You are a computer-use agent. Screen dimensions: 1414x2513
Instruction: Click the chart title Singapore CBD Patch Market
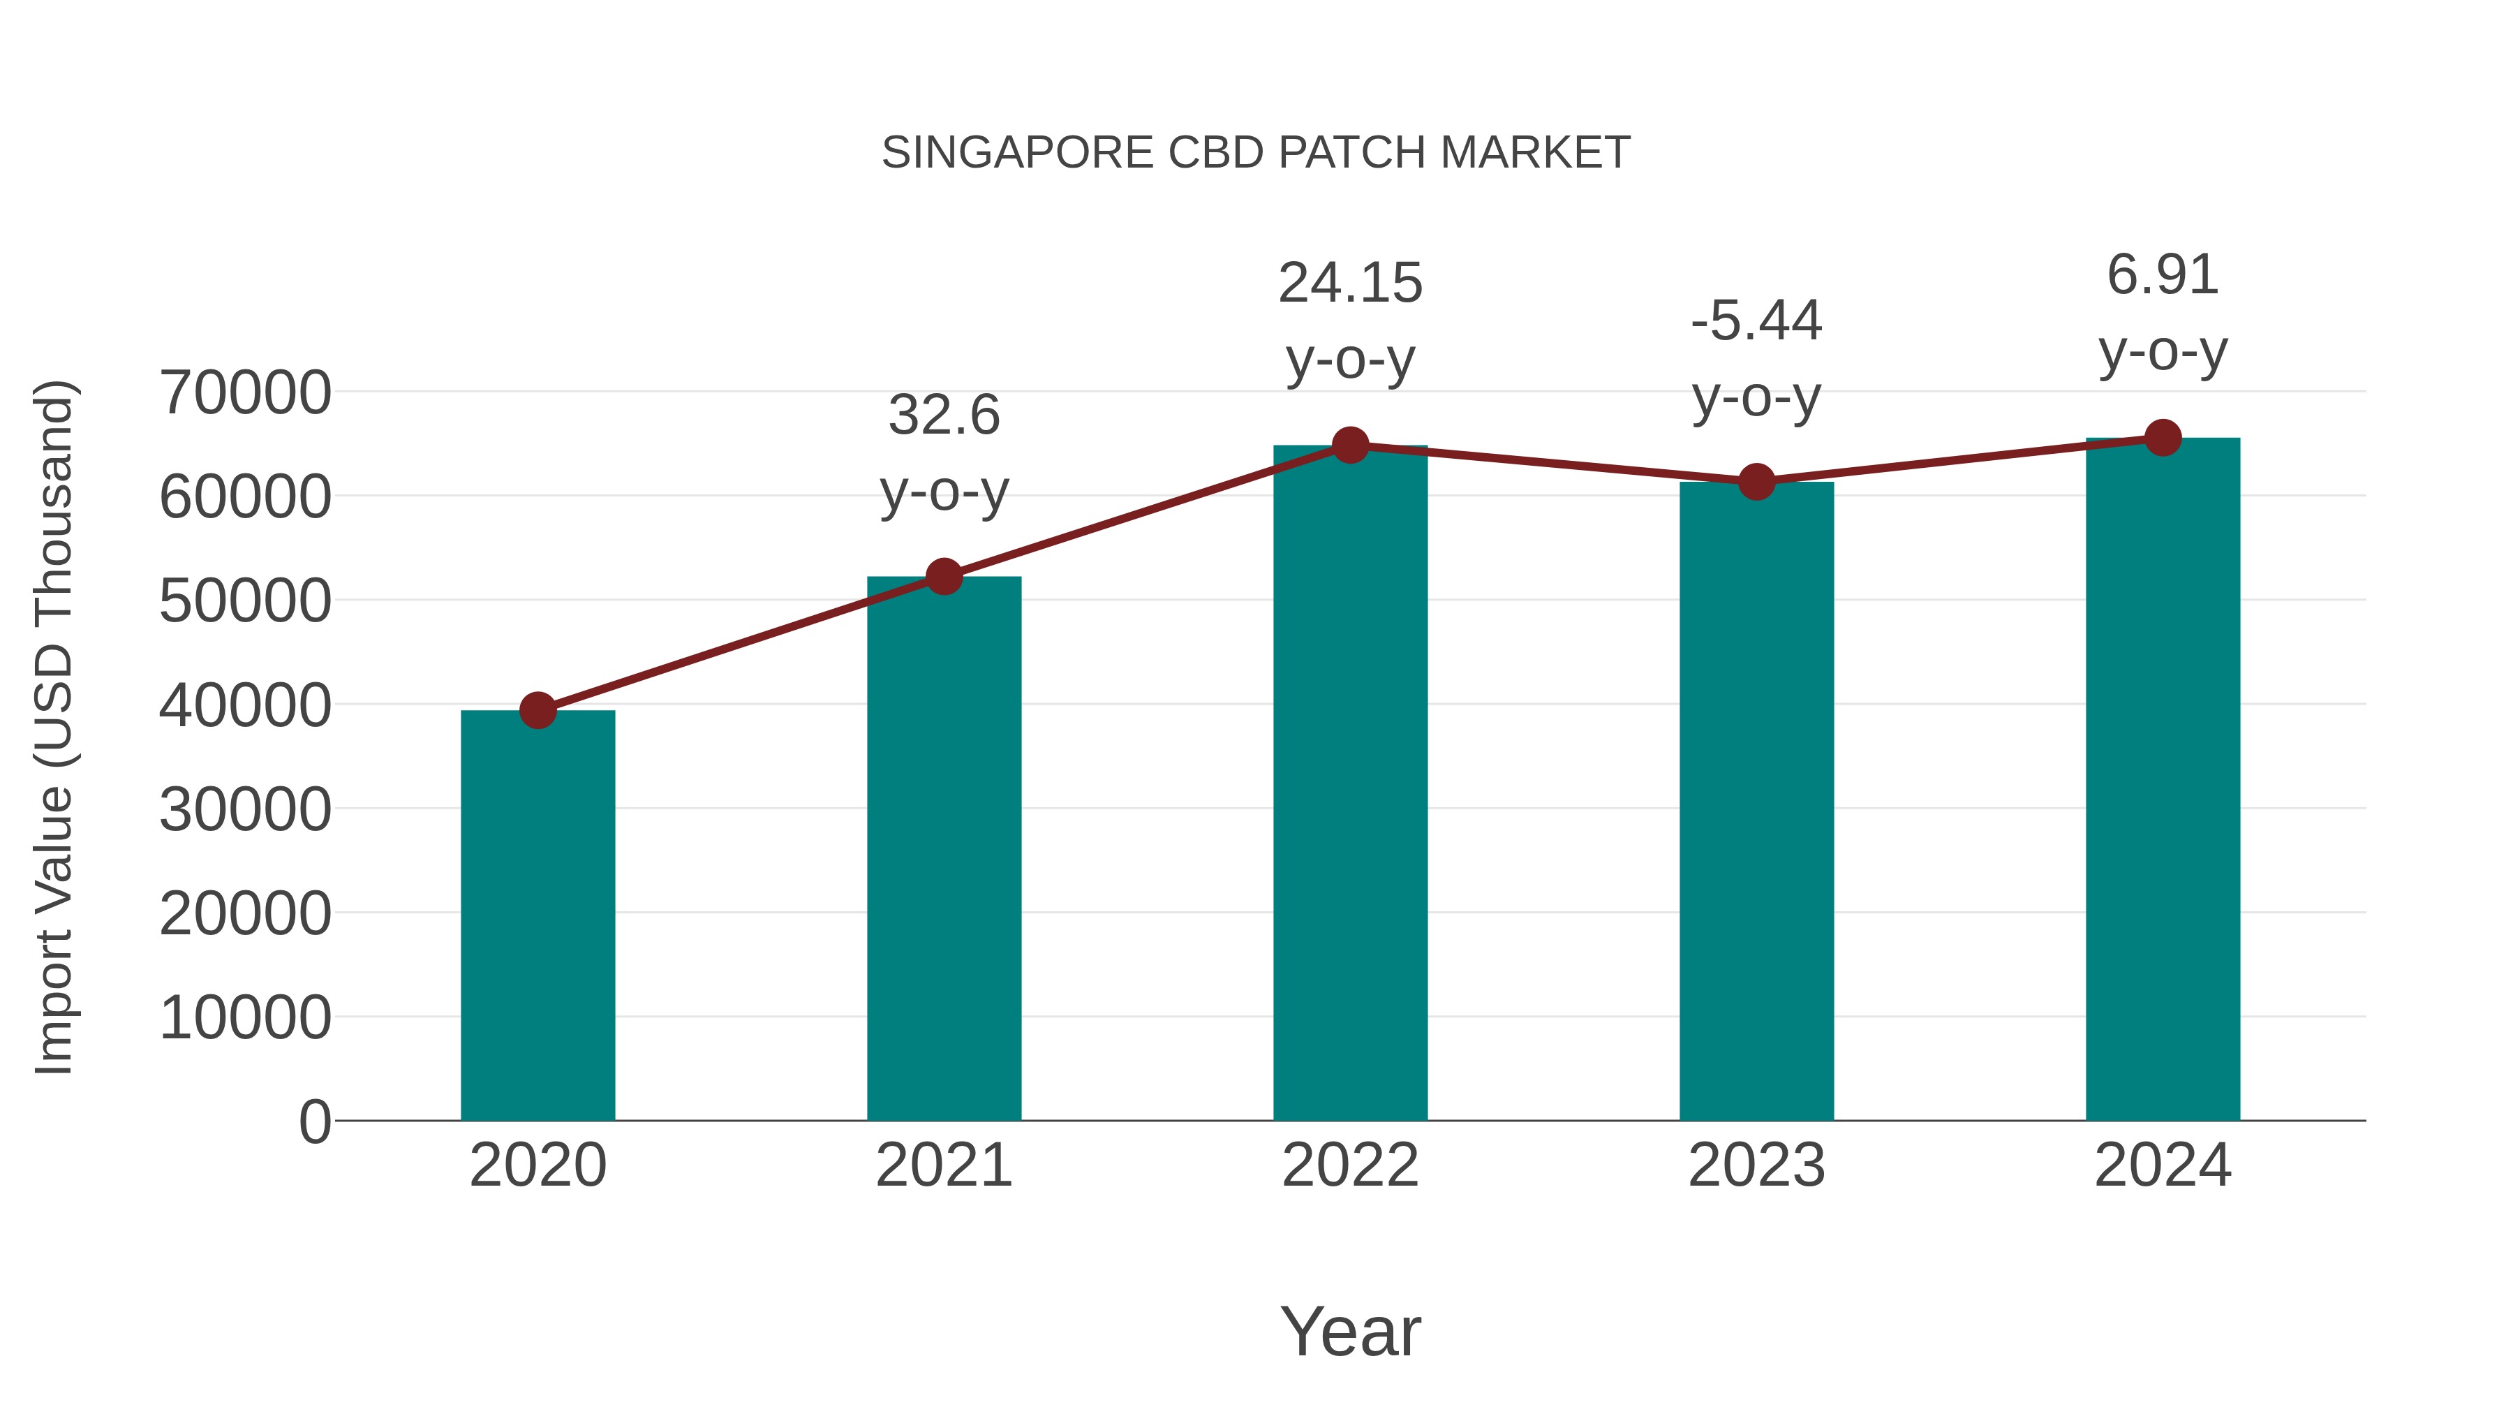pyautogui.click(x=1256, y=153)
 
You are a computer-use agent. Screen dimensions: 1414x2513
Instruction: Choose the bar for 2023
pyautogui.click(x=1756, y=801)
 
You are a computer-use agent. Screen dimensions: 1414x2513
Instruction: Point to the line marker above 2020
pyautogui.click(x=538, y=710)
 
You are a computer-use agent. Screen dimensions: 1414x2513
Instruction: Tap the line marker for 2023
pyautogui.click(x=1756, y=482)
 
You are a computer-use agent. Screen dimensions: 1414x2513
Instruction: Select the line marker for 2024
pyautogui.click(x=2163, y=438)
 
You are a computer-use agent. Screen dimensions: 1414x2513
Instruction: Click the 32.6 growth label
pyautogui.click(x=943, y=415)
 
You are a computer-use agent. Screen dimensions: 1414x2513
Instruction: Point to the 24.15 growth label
pyautogui.click(x=1350, y=284)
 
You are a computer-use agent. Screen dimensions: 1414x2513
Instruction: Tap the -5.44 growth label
pyautogui.click(x=1756, y=321)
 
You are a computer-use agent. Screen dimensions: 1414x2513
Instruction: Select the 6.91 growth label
pyautogui.click(x=2163, y=275)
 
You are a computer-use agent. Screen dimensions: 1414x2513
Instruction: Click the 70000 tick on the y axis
pyautogui.click(x=245, y=393)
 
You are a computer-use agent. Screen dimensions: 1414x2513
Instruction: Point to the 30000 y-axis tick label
pyautogui.click(x=245, y=810)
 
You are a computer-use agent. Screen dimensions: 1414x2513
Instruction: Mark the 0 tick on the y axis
pyautogui.click(x=314, y=1122)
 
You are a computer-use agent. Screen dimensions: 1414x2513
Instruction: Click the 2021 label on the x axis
pyautogui.click(x=943, y=1166)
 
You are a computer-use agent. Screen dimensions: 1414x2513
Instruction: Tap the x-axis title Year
pyautogui.click(x=1350, y=1332)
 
